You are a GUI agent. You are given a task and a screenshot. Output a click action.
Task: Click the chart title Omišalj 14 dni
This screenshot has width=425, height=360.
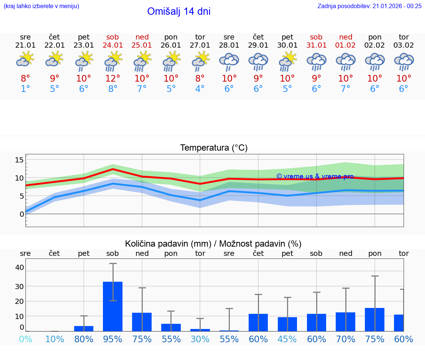tap(179, 11)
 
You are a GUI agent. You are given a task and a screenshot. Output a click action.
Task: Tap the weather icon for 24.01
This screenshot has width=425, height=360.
tap(113, 61)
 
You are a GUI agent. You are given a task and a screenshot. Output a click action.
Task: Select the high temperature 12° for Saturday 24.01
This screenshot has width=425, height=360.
tap(113, 78)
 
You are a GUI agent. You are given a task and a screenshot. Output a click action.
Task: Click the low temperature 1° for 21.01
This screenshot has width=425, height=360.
tap(25, 89)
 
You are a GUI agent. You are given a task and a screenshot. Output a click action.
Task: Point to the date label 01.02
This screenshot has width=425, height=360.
tap(346, 45)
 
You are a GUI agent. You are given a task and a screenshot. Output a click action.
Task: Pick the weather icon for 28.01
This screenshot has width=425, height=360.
tap(229, 61)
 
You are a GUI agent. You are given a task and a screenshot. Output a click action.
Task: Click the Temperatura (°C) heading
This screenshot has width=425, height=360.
tap(214, 148)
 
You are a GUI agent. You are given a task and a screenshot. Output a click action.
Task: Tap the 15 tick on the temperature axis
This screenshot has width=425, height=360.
tap(19, 160)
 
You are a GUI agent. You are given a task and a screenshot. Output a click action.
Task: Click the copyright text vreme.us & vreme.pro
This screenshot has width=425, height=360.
tap(315, 176)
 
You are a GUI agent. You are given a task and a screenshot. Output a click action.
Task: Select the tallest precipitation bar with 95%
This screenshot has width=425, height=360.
tap(113, 306)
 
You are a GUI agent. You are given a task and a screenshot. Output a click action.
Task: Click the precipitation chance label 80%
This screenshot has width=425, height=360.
tap(84, 339)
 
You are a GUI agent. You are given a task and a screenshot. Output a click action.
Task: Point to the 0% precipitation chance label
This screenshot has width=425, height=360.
tap(25, 339)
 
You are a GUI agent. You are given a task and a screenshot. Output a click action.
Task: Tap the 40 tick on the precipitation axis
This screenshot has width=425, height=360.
tap(19, 267)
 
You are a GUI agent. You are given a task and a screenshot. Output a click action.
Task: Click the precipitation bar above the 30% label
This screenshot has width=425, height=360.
tap(200, 330)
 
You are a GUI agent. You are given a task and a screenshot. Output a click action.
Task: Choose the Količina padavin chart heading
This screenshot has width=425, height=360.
tap(213, 244)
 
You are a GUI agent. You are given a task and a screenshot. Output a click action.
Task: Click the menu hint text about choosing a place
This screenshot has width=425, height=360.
tap(41, 6)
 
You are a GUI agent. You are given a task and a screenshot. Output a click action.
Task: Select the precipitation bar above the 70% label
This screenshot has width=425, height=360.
tap(346, 322)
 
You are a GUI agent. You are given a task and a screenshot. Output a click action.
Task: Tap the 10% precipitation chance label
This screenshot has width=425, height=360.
tap(55, 339)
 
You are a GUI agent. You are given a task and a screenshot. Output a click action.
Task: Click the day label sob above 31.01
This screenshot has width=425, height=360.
tap(316, 37)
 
